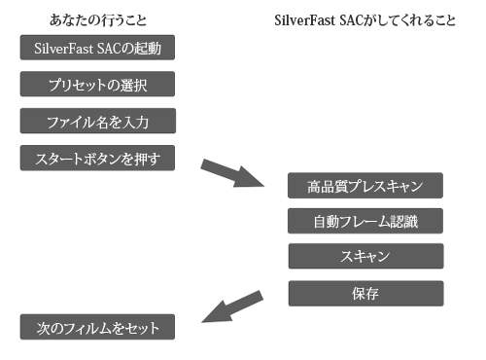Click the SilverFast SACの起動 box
click(97, 46)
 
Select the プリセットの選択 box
click(97, 84)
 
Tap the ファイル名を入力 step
click(97, 122)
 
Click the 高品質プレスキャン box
click(365, 184)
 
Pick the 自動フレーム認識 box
click(365, 220)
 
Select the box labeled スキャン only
click(365, 256)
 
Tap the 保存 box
click(365, 293)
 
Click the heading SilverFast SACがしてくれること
click(376, 19)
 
